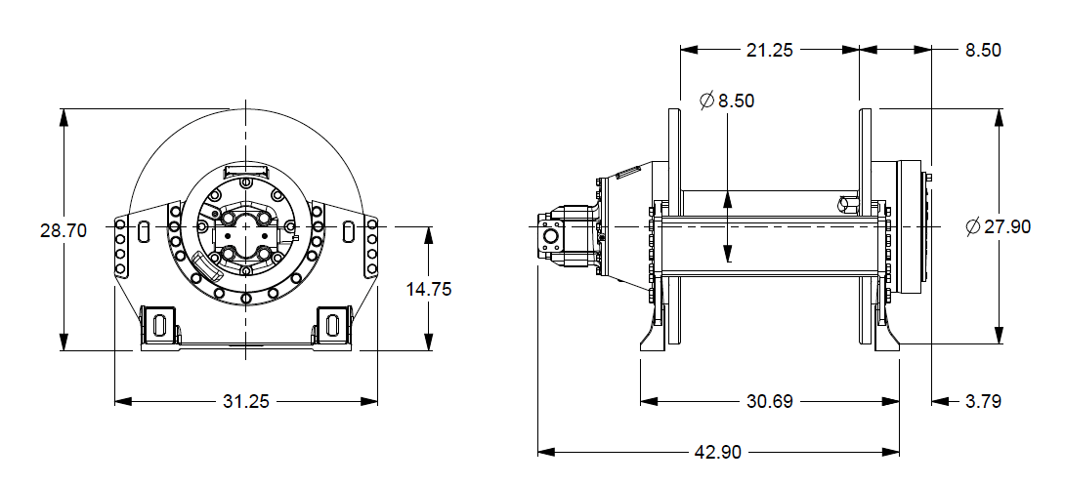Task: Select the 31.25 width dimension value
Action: (x=246, y=401)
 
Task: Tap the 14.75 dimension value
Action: (x=429, y=290)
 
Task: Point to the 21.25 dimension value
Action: (x=769, y=51)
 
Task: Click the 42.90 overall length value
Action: (x=718, y=453)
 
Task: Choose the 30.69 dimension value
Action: (x=769, y=401)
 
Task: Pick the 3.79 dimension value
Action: (x=982, y=401)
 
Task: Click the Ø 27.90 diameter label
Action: (x=998, y=226)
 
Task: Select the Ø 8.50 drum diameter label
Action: (x=727, y=101)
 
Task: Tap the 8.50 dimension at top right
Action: (x=983, y=51)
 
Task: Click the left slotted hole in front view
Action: (x=145, y=231)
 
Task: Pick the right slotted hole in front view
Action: (x=348, y=231)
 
